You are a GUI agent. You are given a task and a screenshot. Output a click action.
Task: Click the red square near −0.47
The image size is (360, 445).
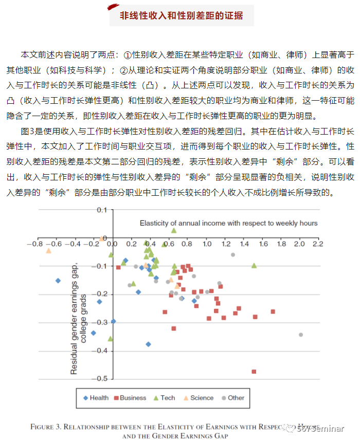(x=254, y=372)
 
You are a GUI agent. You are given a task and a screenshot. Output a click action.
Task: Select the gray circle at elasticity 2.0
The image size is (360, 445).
(x=301, y=335)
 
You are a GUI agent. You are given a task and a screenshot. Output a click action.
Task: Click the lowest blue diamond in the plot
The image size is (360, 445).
(x=148, y=344)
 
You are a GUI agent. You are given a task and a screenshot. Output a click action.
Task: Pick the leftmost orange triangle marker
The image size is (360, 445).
(x=49, y=251)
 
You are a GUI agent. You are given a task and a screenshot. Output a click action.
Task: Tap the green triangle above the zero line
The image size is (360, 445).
(x=174, y=230)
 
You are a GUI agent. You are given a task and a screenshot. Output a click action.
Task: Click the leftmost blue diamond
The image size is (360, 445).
(x=58, y=281)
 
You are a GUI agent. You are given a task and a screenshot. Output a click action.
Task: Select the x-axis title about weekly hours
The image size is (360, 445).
(x=229, y=223)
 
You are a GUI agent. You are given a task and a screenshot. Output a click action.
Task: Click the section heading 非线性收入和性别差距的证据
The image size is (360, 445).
(x=182, y=15)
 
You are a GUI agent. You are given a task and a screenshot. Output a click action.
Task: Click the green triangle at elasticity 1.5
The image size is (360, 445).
(x=254, y=266)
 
